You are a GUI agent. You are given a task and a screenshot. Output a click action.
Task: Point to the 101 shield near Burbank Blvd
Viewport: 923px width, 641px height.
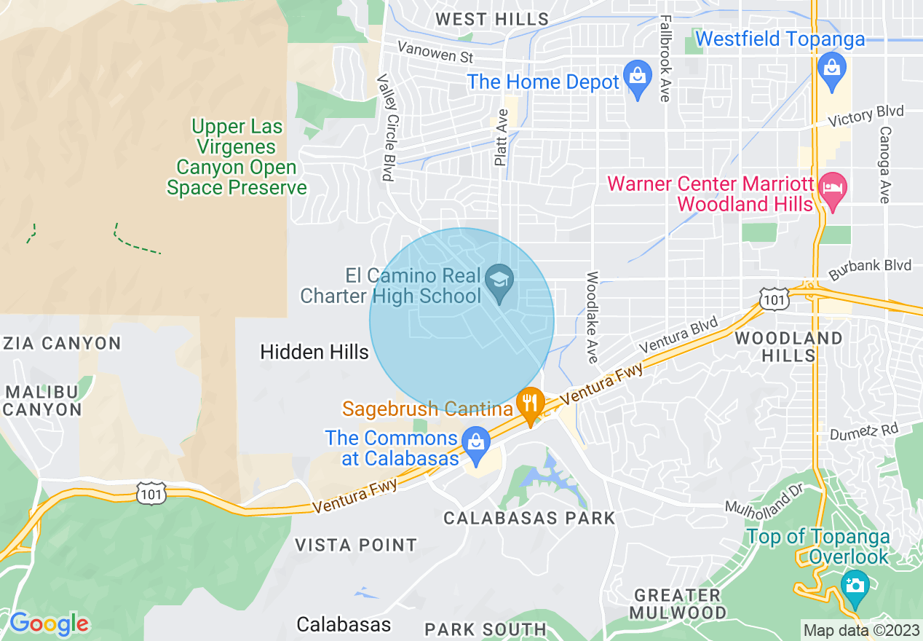pos(773,298)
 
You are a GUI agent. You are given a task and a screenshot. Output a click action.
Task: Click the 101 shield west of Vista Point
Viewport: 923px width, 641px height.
pos(151,493)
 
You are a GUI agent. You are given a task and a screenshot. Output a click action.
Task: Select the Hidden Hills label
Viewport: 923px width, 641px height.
pos(314,353)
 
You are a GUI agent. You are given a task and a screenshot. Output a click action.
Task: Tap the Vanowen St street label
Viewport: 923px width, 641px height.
pos(435,52)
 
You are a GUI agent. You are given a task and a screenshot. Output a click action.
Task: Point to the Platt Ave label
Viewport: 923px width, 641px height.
pos(501,138)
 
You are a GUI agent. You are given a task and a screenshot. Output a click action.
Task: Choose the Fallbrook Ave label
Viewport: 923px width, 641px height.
pos(664,58)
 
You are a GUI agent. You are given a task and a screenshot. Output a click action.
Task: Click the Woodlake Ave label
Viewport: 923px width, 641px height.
pos(593,318)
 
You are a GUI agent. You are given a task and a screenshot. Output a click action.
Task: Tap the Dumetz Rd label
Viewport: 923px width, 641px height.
pos(863,432)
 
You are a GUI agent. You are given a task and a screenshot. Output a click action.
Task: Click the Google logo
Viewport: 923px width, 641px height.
pos(49,624)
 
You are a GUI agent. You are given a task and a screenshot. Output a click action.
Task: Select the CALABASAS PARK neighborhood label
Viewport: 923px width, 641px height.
pos(529,518)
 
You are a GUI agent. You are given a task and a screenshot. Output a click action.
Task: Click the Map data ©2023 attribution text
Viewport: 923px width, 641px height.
pos(860,629)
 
